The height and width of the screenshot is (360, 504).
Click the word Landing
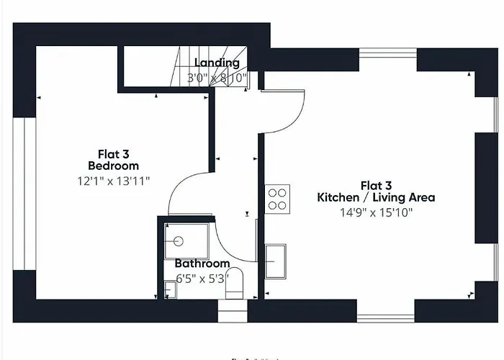(217, 63)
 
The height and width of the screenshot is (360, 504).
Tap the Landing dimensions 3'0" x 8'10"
(217, 76)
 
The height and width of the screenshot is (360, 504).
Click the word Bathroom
(202, 264)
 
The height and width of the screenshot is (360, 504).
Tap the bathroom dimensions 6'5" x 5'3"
(202, 278)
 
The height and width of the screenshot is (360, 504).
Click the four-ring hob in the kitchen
(278, 199)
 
